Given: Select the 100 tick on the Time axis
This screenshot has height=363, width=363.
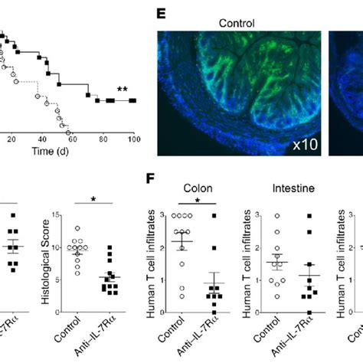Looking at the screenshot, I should (134, 139).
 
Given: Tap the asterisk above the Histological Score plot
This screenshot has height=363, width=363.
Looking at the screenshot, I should (93, 201).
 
